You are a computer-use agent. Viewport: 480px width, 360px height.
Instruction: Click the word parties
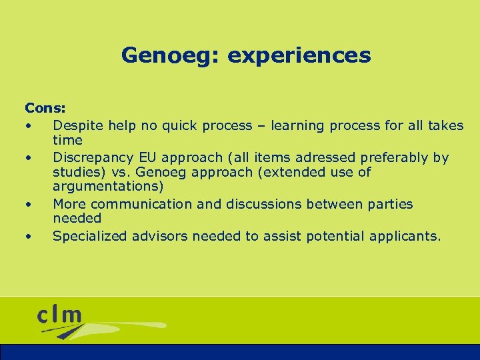click(x=389, y=204)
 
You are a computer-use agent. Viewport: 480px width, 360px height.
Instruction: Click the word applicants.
click(x=407, y=235)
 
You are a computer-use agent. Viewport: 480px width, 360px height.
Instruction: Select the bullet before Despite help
click(x=29, y=125)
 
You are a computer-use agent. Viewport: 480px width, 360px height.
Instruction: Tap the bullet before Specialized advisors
click(x=29, y=236)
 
